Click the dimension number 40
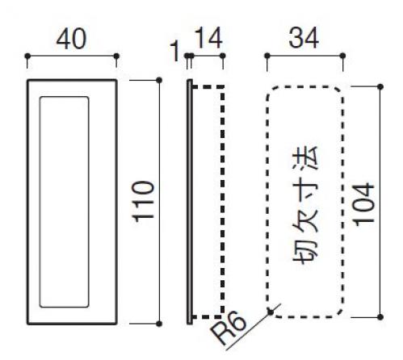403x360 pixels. pos(71,39)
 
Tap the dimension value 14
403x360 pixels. pos(208,38)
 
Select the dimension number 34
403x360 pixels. pos(304,38)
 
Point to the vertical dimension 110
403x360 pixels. pos(144,202)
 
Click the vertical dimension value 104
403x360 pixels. pos(364,204)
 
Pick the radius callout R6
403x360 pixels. pos(229,328)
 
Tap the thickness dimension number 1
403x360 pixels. pos(175,51)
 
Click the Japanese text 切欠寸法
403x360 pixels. pos(305,206)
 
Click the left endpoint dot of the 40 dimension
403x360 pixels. pos(27,56)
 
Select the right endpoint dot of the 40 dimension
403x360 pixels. pos(116,56)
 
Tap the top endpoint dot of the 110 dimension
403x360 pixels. pos(159,80)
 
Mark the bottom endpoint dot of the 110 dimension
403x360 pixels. pos(159,324)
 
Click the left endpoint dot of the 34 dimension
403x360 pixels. pos(267,56)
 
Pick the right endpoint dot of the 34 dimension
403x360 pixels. pos(342,56)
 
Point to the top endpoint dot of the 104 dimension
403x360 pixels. pos(380,87)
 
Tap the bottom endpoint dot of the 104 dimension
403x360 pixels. pos(380,317)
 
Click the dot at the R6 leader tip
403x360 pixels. pos(271,312)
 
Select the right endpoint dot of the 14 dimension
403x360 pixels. pos(223,56)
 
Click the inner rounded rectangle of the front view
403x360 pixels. pos(40,202)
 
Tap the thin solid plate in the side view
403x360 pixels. pos(190,202)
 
